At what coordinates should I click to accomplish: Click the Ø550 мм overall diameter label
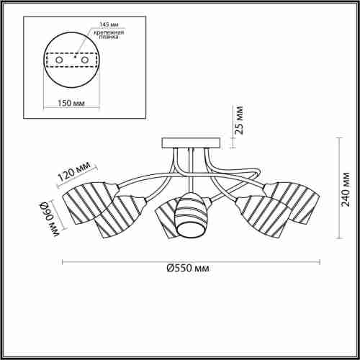188,268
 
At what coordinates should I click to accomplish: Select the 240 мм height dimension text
346,189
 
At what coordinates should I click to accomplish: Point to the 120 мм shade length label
74,171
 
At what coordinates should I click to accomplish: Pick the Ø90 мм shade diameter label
50,219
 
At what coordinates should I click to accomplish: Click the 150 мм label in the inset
71,103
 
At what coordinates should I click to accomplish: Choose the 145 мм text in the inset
109,24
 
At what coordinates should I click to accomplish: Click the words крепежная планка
109,35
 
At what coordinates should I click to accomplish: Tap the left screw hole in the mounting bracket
59,60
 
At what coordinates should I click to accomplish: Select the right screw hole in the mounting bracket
85,60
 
